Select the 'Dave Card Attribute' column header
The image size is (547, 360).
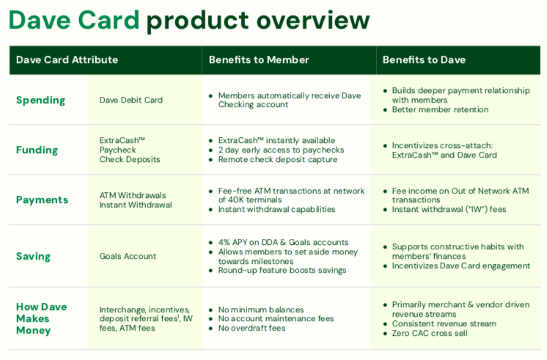[x=67, y=59]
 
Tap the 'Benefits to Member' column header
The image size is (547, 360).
[x=259, y=59]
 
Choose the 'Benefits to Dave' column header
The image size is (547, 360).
[x=424, y=59]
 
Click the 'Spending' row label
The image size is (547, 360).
[x=40, y=100]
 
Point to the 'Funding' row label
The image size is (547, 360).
[x=37, y=150]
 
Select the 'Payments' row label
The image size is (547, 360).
[x=42, y=199]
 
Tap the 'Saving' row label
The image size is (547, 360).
[x=33, y=256]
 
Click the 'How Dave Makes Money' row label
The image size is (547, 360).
[x=43, y=319]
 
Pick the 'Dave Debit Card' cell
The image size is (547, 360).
[x=131, y=100]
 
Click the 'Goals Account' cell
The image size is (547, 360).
[x=128, y=256]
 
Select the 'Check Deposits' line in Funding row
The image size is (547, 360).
[x=130, y=160]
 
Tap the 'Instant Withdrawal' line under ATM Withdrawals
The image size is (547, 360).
[x=136, y=205]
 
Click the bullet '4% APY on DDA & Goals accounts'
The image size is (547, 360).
[x=283, y=242]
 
